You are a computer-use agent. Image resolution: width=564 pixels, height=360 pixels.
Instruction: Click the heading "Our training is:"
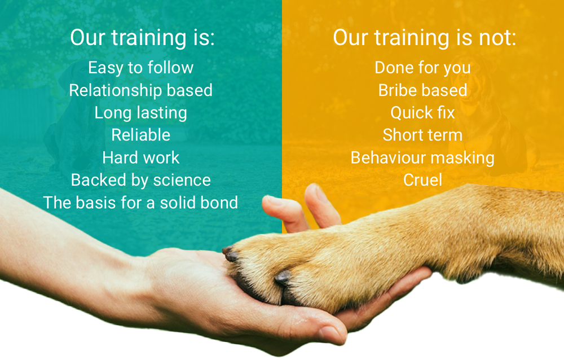[142, 38]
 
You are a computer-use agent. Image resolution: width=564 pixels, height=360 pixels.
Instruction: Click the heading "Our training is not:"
[424, 38]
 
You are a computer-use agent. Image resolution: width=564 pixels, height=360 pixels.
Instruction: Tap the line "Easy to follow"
[140, 68]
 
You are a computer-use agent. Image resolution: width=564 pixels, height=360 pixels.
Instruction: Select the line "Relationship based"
[140, 90]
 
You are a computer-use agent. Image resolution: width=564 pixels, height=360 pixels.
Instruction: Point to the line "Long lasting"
[140, 113]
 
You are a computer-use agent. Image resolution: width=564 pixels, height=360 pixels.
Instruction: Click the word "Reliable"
[140, 135]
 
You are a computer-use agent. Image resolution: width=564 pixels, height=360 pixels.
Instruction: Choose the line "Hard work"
[140, 157]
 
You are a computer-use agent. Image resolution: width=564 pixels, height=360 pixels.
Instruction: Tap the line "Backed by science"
[140, 180]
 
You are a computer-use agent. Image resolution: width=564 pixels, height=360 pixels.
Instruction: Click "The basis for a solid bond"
[140, 203]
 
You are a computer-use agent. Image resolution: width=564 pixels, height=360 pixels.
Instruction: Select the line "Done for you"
[422, 68]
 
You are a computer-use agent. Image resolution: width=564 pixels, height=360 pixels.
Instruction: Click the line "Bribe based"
[422, 90]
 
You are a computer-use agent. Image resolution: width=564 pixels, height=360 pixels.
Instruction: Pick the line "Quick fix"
[422, 113]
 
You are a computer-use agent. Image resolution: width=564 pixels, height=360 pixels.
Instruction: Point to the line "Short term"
[422, 135]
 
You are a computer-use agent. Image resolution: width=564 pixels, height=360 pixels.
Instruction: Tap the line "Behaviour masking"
[422, 157]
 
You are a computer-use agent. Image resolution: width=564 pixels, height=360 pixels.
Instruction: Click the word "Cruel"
[422, 180]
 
